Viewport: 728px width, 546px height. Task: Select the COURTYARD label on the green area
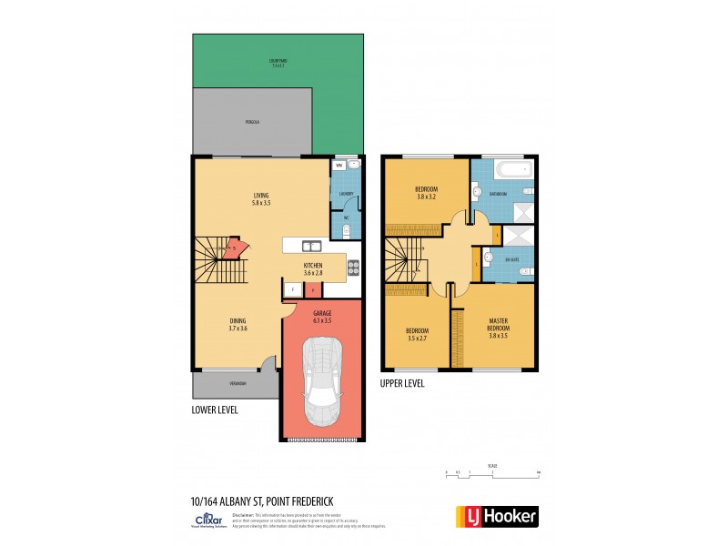[x=278, y=61]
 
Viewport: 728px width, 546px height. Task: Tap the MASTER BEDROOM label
[x=497, y=324]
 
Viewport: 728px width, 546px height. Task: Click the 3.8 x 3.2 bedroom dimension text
[x=427, y=197]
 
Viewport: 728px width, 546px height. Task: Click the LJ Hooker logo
[x=496, y=517]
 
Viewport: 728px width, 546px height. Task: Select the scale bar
[x=492, y=472]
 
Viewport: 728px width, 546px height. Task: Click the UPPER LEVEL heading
[x=402, y=383]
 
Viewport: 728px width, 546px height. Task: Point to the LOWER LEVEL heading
[x=215, y=409]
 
